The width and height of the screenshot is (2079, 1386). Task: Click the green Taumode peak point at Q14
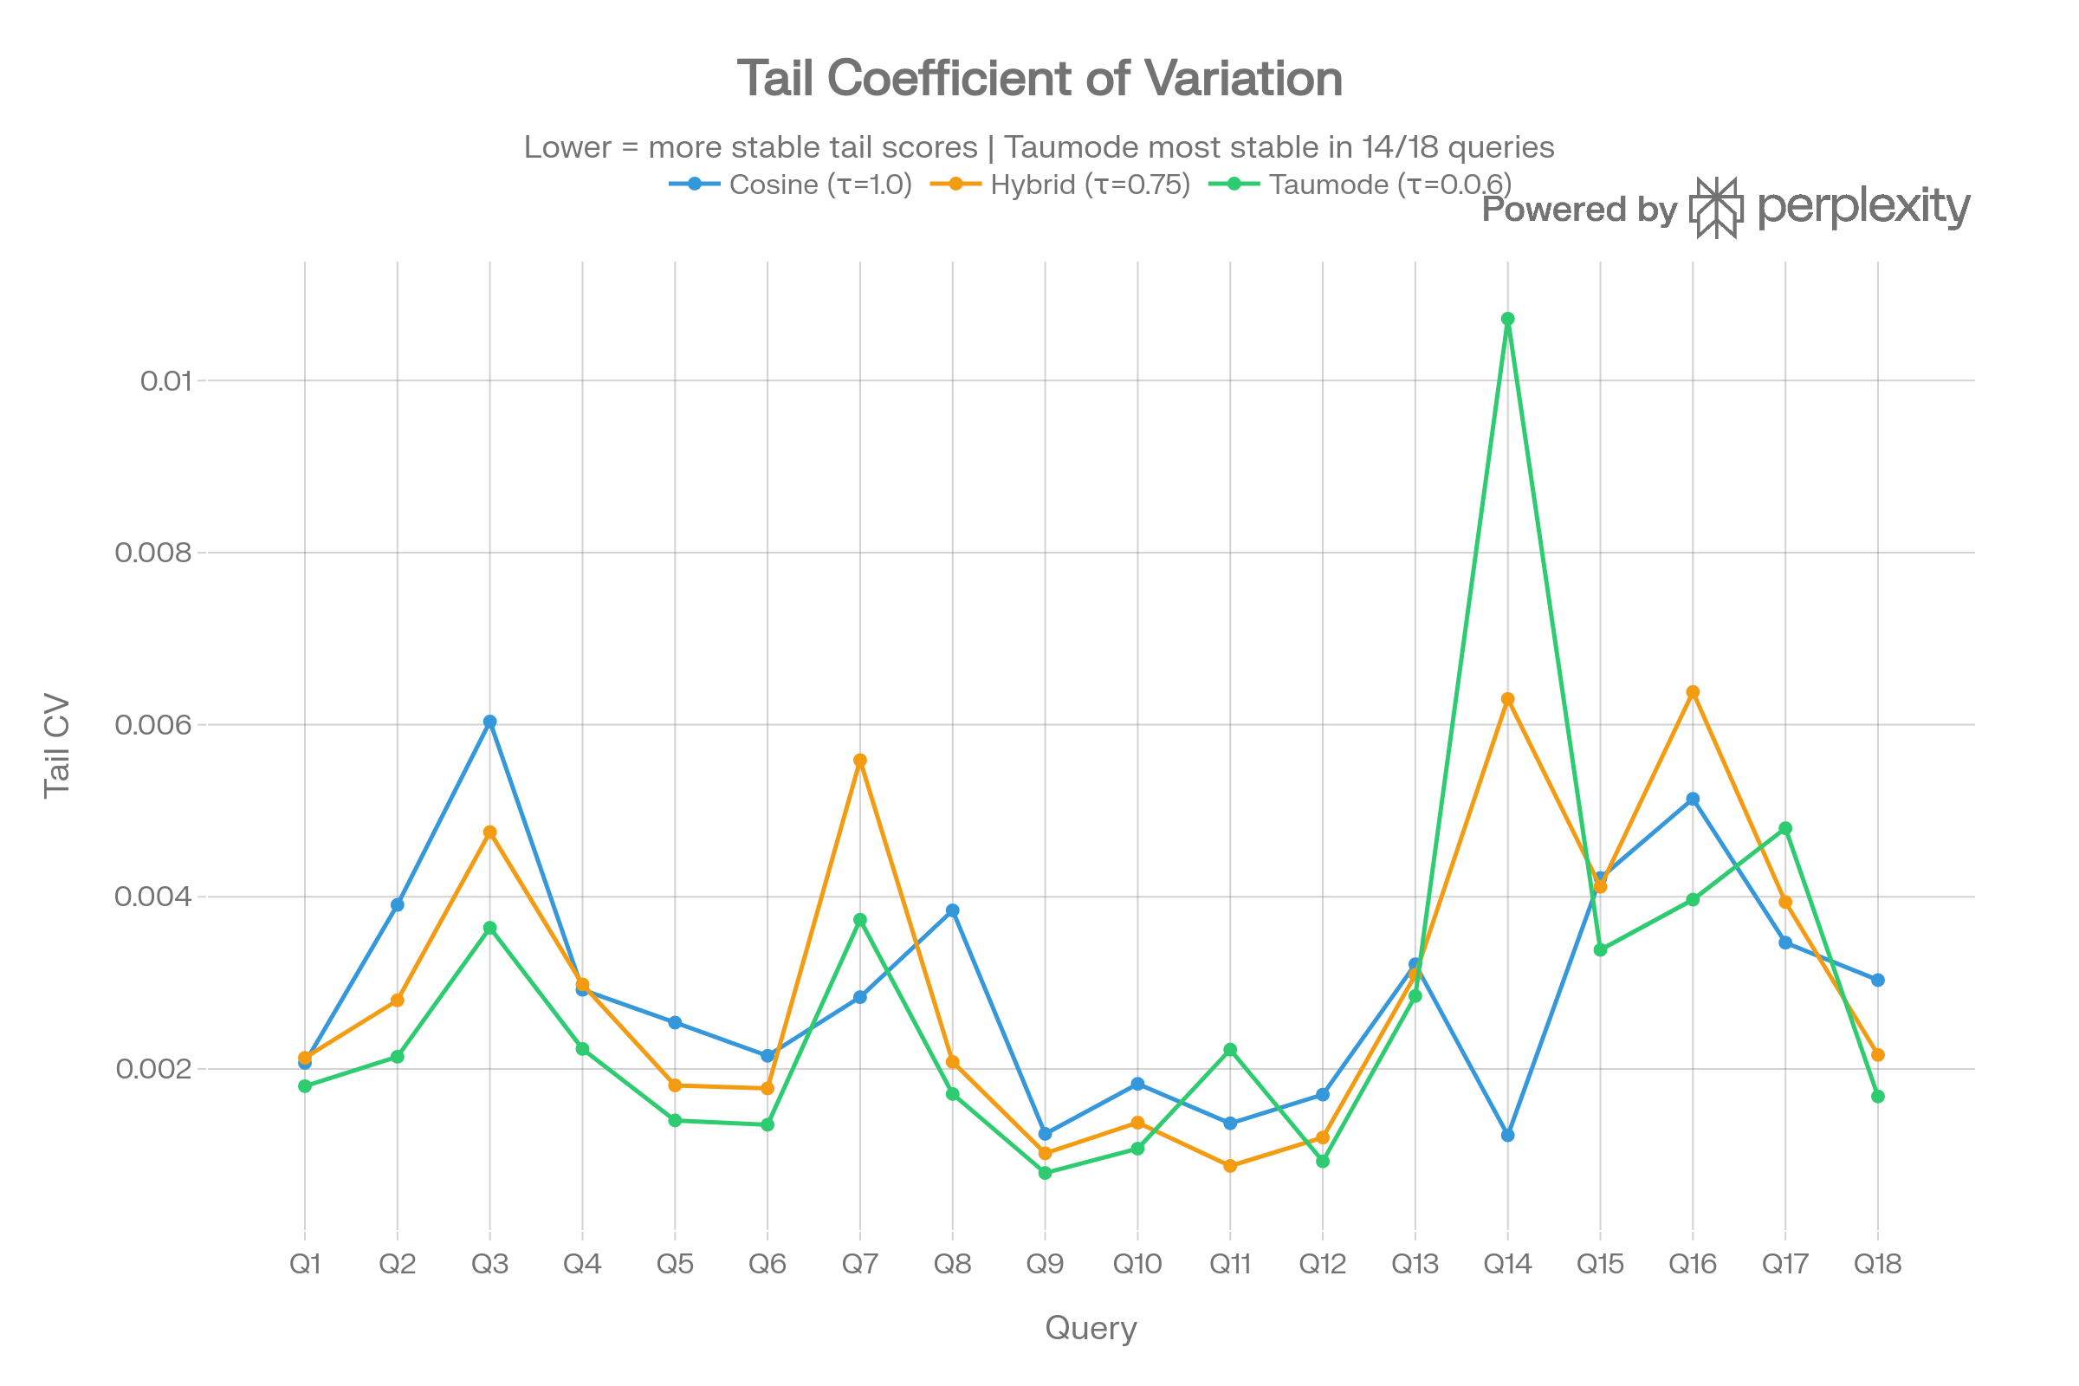[x=1508, y=318]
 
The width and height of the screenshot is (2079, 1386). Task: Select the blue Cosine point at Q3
[x=489, y=722]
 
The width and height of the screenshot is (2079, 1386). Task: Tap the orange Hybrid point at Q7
[x=860, y=761]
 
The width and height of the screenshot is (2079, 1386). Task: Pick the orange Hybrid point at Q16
[x=1693, y=692]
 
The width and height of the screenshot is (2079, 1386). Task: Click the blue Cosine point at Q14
[x=1508, y=1135]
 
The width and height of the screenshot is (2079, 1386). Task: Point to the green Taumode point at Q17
[x=1785, y=828]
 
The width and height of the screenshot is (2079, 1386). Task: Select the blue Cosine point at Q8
[x=953, y=910]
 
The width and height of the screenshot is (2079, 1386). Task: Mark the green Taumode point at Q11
[x=1230, y=1049]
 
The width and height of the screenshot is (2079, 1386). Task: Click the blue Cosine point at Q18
[x=1877, y=980]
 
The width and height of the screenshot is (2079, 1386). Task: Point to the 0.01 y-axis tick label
[x=165, y=381]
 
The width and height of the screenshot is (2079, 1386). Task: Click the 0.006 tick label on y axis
[x=153, y=725]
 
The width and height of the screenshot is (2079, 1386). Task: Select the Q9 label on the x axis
[x=1045, y=1264]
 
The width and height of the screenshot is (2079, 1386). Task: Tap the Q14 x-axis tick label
[x=1508, y=1264]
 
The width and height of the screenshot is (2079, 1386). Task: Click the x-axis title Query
[x=1091, y=1329]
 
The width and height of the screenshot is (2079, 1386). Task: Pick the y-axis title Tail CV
[x=56, y=747]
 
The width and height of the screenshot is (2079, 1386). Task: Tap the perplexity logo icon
[x=1717, y=208]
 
